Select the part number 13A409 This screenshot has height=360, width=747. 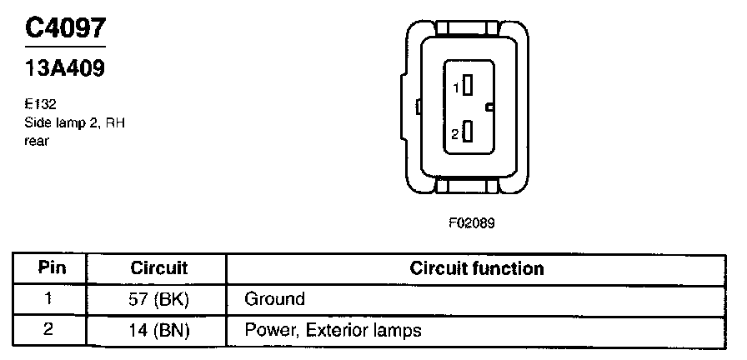click(x=65, y=68)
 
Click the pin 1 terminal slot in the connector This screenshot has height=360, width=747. click(x=469, y=85)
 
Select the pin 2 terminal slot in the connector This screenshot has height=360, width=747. click(x=469, y=132)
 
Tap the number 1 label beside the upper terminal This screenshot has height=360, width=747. click(x=456, y=87)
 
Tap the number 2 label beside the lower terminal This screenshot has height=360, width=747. click(x=455, y=133)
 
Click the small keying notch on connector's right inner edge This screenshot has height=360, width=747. click(x=490, y=107)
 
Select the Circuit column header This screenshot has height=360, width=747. click(x=159, y=268)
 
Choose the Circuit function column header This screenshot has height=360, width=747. click(x=476, y=268)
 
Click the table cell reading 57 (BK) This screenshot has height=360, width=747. click(x=159, y=298)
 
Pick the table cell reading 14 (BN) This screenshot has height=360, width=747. click(x=159, y=330)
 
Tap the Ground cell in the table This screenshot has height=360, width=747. click(x=274, y=298)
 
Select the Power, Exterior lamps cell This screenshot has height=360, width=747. click(x=333, y=330)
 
